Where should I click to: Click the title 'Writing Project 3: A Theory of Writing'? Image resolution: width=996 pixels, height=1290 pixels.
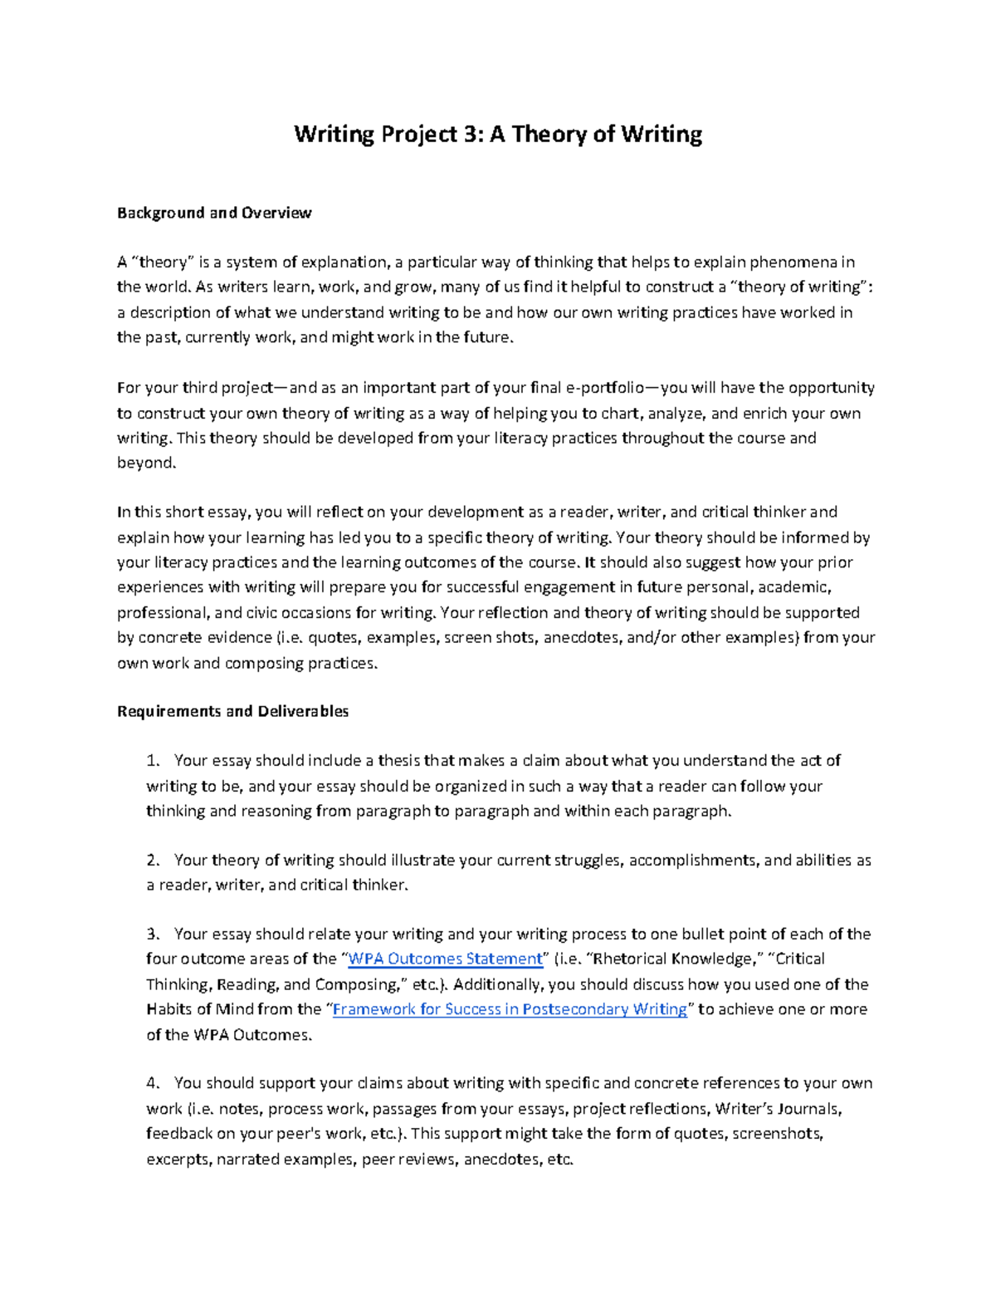coord(498,134)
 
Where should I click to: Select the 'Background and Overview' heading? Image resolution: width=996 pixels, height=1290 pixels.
coord(214,213)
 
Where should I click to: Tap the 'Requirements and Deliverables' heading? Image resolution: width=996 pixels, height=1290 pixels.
coord(233,711)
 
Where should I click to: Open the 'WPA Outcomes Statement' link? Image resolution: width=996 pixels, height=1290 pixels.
coord(445,959)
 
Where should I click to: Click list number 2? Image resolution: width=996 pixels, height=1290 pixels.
coord(152,861)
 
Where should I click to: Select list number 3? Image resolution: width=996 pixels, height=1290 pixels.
coord(152,934)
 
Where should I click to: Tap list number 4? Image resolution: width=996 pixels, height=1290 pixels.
coord(152,1083)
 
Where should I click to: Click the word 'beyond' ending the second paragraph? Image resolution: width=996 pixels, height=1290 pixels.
coord(145,463)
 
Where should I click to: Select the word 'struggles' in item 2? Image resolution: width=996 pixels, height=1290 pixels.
coord(586,861)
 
